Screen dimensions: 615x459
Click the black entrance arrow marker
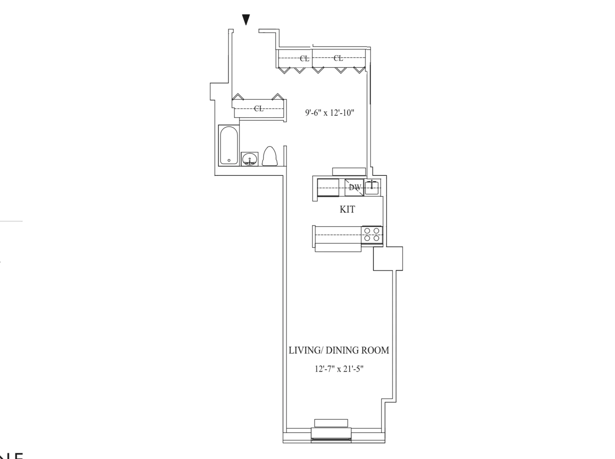tap(246, 20)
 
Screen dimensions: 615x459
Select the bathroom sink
tap(250, 159)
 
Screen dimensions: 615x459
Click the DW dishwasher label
tap(354, 187)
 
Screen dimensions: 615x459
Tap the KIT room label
tap(347, 209)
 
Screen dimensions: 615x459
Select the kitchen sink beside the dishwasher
tap(372, 187)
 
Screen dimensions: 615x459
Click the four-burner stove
tap(372, 235)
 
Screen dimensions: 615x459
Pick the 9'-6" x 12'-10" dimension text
tap(330, 113)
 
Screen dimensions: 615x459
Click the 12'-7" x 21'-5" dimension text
tap(339, 369)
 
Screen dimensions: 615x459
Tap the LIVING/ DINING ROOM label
tap(338, 350)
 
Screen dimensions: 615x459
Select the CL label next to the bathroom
tap(259, 108)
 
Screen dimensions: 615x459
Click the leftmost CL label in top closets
tap(304, 58)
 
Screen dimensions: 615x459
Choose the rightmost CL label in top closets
tap(338, 58)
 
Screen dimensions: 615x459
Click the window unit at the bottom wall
tap(331, 434)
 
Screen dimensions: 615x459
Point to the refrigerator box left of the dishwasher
tap(328, 188)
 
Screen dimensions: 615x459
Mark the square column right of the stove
tap(388, 259)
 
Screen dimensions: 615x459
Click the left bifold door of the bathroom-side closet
tap(237, 97)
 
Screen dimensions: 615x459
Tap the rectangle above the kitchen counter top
tap(349, 172)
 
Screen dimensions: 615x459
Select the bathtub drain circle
tap(229, 161)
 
